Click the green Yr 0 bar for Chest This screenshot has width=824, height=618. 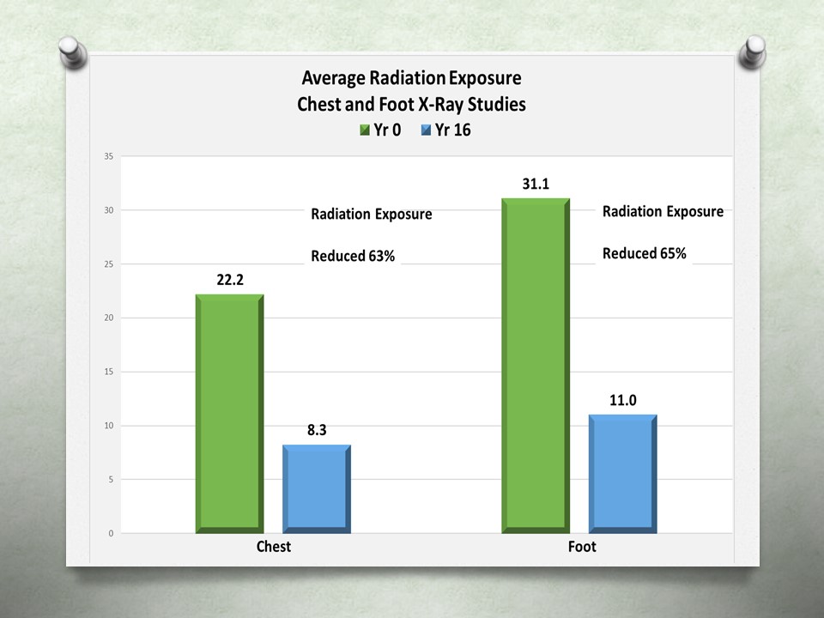tap(229, 414)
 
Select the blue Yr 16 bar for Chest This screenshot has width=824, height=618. tap(316, 489)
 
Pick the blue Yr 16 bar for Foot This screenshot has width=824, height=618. tap(622, 474)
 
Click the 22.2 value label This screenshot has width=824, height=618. tap(229, 280)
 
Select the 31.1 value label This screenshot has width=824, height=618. tap(536, 185)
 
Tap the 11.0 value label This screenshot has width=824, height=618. tap(623, 400)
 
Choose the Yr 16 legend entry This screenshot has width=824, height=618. tap(446, 130)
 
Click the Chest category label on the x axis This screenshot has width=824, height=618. tap(273, 547)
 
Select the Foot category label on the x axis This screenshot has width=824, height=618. tap(581, 547)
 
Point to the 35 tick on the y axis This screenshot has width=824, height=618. tap(108, 156)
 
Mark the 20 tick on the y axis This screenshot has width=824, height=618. tap(108, 318)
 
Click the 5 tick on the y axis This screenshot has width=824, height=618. tap(110, 480)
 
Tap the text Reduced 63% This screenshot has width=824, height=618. tap(352, 256)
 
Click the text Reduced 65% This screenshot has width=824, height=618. tap(644, 253)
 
